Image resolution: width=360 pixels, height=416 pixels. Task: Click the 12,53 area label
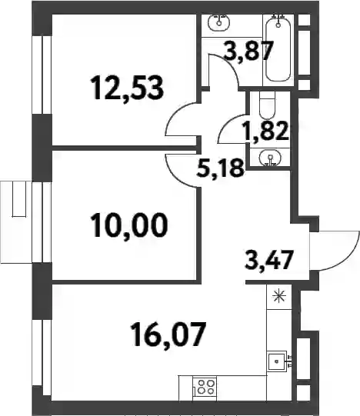tap(127, 88)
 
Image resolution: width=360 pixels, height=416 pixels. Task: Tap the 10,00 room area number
tap(129, 225)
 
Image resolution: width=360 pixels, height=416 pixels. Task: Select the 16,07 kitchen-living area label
tap(170, 334)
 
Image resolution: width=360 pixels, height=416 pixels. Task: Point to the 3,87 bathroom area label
tap(248, 52)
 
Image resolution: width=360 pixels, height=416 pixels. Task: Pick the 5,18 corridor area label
tap(220, 168)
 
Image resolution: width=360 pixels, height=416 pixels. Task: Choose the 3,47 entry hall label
tap(269, 260)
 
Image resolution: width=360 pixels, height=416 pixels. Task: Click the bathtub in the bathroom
tap(278, 48)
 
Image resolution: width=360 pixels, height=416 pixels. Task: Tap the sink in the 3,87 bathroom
tap(219, 22)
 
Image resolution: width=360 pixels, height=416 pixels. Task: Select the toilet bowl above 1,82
tap(267, 105)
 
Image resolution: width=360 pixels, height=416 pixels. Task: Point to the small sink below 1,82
tap(270, 158)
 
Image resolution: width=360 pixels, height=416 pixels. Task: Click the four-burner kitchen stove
tap(205, 387)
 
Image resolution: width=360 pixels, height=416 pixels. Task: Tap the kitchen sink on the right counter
tap(277, 361)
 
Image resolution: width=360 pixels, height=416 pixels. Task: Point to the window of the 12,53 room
tap(42, 75)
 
